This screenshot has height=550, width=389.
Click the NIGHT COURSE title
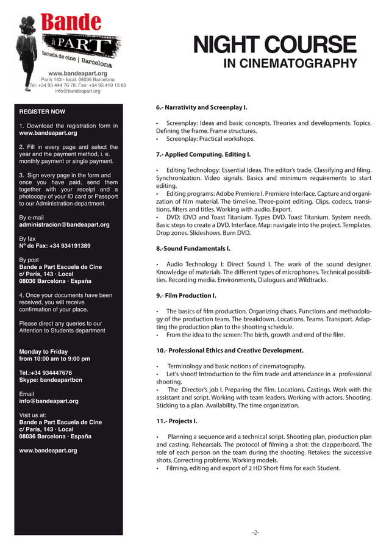[274, 45]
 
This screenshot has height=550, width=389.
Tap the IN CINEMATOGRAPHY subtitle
[290, 64]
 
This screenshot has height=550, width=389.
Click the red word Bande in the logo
[71, 23]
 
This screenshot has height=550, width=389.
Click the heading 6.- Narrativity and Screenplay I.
[201, 107]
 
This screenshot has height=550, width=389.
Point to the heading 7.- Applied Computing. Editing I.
[203, 155]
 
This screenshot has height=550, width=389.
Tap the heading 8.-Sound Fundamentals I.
[193, 249]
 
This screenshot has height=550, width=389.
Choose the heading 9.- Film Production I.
[186, 296]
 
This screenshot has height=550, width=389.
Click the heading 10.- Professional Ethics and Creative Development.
[229, 351]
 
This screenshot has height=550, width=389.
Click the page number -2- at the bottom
[255, 532]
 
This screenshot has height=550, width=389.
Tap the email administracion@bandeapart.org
[65, 225]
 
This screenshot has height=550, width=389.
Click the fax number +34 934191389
[55, 246]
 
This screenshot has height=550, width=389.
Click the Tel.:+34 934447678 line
[46, 373]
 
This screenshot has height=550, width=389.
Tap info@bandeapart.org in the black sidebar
[49, 401]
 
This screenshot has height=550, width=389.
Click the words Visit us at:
[34, 415]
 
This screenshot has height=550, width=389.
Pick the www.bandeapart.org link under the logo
[77, 73]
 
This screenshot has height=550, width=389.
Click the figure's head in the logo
[26, 23]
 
